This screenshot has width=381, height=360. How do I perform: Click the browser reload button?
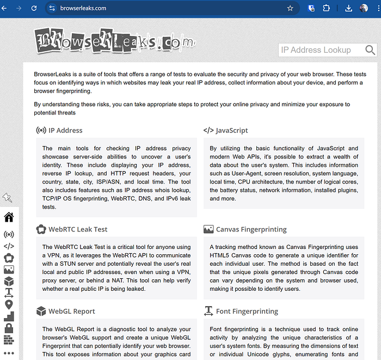point(34,8)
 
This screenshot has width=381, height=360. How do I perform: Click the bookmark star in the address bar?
point(290,8)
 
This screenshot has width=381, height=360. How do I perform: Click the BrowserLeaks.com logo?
point(114,41)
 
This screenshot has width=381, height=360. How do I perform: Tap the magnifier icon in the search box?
point(370,50)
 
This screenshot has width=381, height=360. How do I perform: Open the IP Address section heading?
point(65,130)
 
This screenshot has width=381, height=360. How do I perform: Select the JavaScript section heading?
point(231,130)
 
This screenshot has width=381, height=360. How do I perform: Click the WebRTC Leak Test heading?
point(78,229)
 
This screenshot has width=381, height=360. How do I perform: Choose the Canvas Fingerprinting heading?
point(251,229)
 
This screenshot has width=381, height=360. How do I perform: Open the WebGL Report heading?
point(71,311)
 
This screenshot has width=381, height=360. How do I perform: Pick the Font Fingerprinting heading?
point(247,311)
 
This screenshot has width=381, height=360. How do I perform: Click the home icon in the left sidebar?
point(9,217)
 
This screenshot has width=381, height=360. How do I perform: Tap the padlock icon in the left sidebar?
point(9,328)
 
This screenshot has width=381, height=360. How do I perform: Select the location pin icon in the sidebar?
point(9,304)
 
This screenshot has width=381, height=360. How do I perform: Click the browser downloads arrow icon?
point(349,8)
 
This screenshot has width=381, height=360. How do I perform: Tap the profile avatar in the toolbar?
point(364,8)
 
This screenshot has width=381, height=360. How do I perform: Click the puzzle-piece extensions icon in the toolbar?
point(326,8)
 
